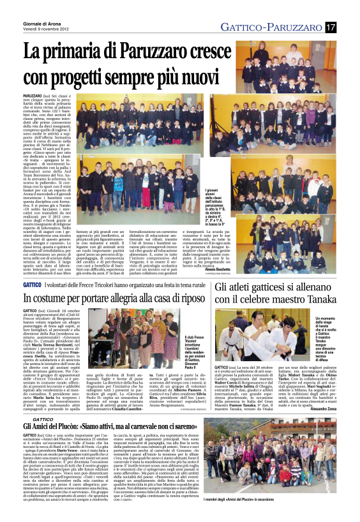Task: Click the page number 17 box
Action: pyautogui.click(x=330, y=27)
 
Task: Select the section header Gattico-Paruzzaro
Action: pyautogui.click(x=271, y=27)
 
